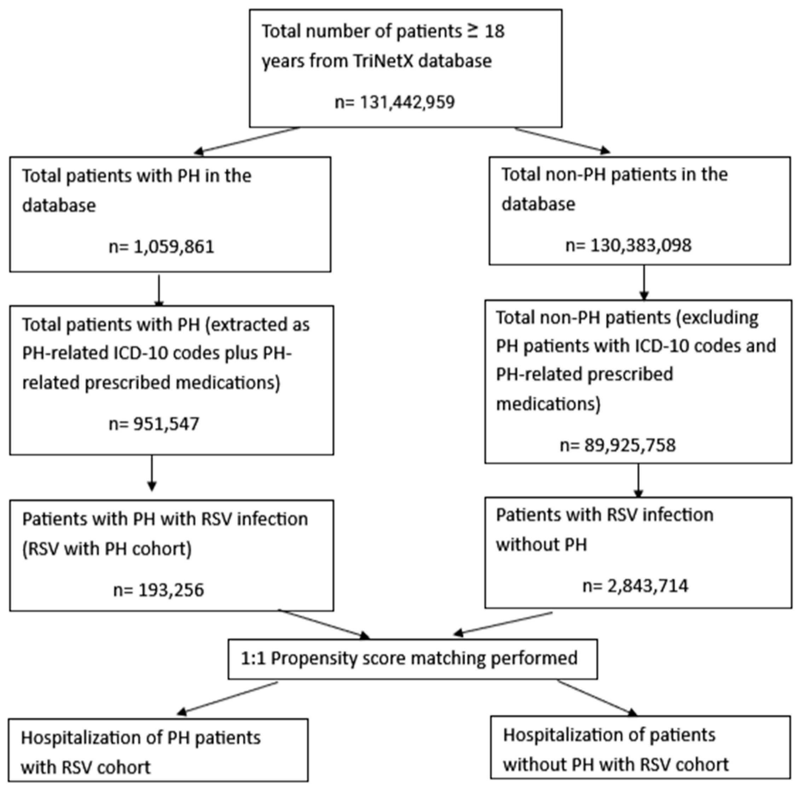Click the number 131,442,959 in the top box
(407, 102)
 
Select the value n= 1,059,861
(161, 247)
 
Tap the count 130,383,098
(641, 245)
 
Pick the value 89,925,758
(630, 445)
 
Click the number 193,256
(171, 590)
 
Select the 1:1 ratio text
(253, 658)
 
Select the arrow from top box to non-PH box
(562, 140)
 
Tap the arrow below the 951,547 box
(151, 474)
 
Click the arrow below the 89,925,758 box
(638, 481)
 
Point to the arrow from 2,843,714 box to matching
(503, 623)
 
